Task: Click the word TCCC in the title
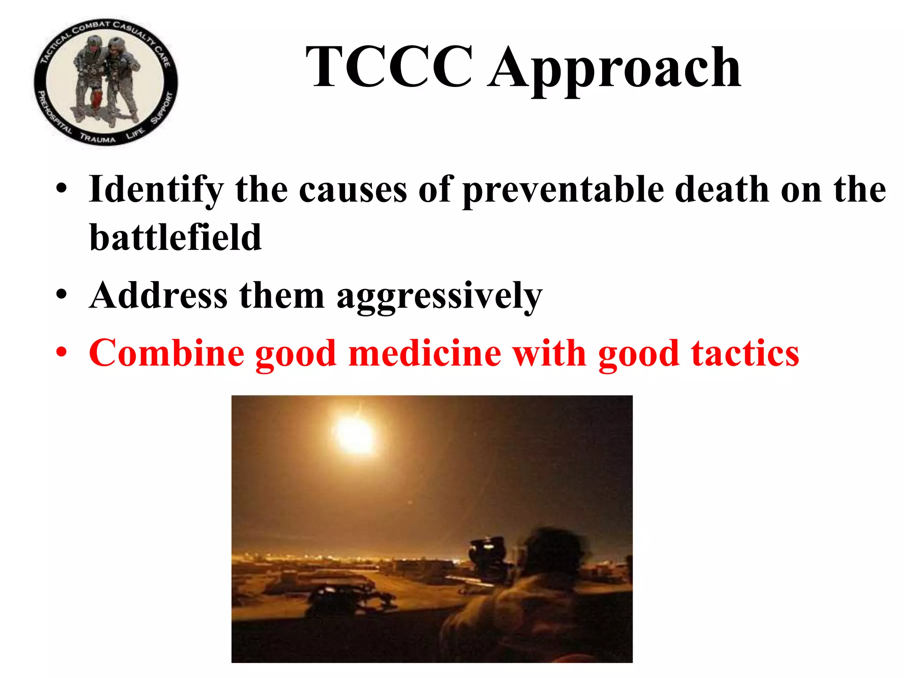pyautogui.click(x=389, y=67)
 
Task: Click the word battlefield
pyautogui.click(x=175, y=237)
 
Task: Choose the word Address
pyautogui.click(x=158, y=295)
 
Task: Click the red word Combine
pyautogui.click(x=166, y=353)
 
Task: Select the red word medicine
pyautogui.click(x=425, y=353)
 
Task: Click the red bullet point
pyautogui.click(x=61, y=353)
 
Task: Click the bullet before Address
pyautogui.click(x=61, y=295)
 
